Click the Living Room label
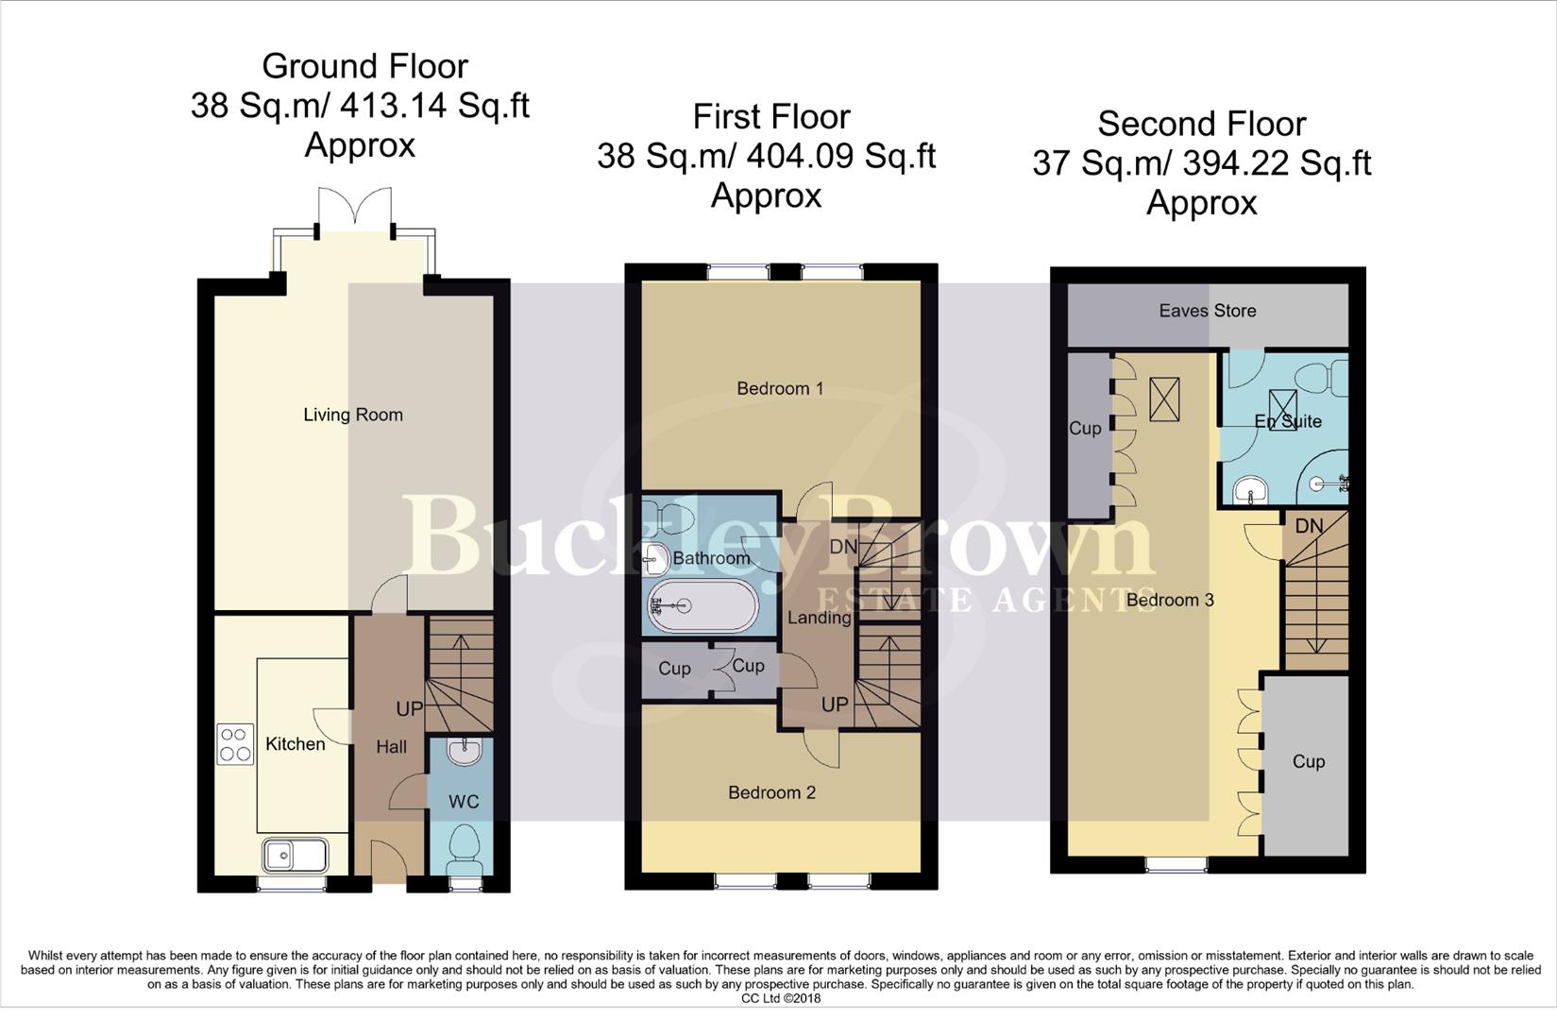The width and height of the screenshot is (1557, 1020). pyautogui.click(x=352, y=415)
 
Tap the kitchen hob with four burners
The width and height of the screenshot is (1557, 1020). pyautogui.click(x=235, y=743)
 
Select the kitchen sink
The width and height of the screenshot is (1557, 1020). pyautogui.click(x=296, y=856)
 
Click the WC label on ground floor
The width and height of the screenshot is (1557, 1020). pyautogui.click(x=464, y=802)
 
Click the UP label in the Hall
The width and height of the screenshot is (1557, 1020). pyautogui.click(x=409, y=708)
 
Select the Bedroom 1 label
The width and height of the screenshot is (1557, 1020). pyautogui.click(x=780, y=388)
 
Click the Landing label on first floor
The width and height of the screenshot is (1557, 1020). pyautogui.click(x=819, y=618)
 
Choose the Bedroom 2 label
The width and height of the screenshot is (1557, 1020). pyautogui.click(x=771, y=792)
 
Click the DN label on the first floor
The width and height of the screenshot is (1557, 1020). pyautogui.click(x=843, y=547)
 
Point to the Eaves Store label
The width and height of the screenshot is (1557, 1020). pyautogui.click(x=1208, y=311)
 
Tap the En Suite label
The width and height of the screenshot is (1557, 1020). pyautogui.click(x=1288, y=421)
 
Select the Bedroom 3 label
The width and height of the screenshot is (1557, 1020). pyautogui.click(x=1170, y=600)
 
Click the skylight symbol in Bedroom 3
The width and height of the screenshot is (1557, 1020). pyautogui.click(x=1165, y=399)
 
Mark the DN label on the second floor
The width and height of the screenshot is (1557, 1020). pyautogui.click(x=1309, y=526)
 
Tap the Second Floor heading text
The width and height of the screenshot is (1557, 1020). pyautogui.click(x=1201, y=124)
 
